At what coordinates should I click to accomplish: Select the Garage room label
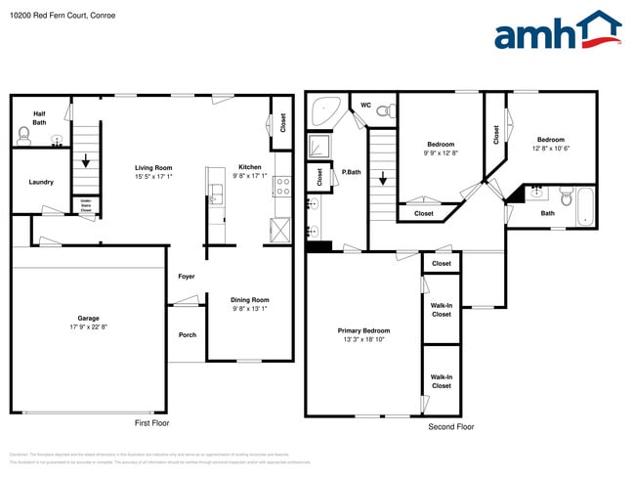click(89, 318)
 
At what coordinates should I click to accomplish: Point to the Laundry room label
click(41, 182)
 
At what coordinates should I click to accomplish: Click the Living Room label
click(153, 167)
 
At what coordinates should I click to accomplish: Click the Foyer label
click(186, 277)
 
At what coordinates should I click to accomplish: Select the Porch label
click(187, 335)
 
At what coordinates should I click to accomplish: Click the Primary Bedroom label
click(363, 330)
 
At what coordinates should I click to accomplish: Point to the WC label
click(365, 105)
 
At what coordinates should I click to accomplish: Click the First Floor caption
click(151, 423)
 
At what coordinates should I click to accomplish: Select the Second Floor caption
click(451, 427)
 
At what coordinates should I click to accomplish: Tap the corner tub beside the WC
click(323, 111)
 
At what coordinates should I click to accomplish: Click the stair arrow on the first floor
click(87, 160)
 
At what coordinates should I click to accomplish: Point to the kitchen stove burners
click(282, 186)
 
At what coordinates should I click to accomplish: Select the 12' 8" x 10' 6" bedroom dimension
click(549, 149)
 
